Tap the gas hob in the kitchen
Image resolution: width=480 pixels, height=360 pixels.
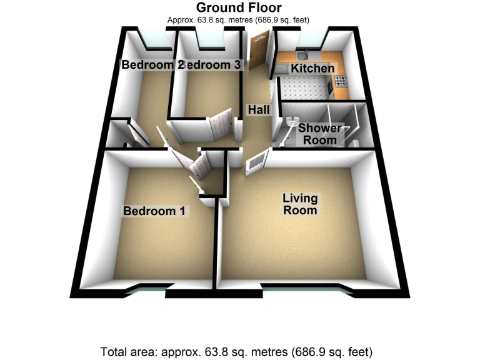341,81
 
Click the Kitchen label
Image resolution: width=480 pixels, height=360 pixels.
312,68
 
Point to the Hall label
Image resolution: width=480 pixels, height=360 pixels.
258,110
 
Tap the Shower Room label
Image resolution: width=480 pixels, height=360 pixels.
319,134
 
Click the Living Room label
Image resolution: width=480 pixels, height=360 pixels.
300,204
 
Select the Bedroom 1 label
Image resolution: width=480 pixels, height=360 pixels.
154,211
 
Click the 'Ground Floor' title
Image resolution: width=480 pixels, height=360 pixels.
239,7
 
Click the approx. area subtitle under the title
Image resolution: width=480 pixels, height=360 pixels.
239,20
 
